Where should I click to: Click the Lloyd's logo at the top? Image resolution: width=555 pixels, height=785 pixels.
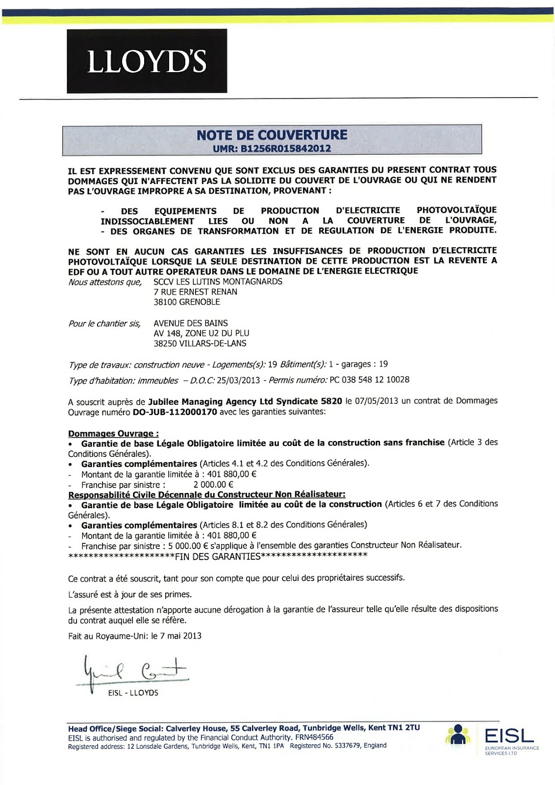[x=147, y=61]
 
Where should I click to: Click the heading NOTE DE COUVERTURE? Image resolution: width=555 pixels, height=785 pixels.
[x=272, y=135]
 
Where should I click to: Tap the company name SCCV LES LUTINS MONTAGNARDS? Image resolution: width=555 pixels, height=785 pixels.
[x=218, y=282]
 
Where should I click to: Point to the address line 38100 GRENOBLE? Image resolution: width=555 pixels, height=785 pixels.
[x=187, y=302]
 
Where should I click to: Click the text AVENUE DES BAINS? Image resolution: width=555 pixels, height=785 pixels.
[x=191, y=323]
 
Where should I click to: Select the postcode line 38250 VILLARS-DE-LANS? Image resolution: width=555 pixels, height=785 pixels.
[x=200, y=343]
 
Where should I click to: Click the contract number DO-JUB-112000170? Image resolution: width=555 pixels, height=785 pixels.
[x=175, y=412]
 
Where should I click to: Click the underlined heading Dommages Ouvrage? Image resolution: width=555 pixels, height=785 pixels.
[x=113, y=434]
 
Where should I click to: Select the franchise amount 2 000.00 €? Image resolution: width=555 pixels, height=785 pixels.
[x=213, y=485]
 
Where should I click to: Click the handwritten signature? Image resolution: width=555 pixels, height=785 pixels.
[x=132, y=672]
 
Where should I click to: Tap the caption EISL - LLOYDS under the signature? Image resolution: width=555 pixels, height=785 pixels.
[x=133, y=693]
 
